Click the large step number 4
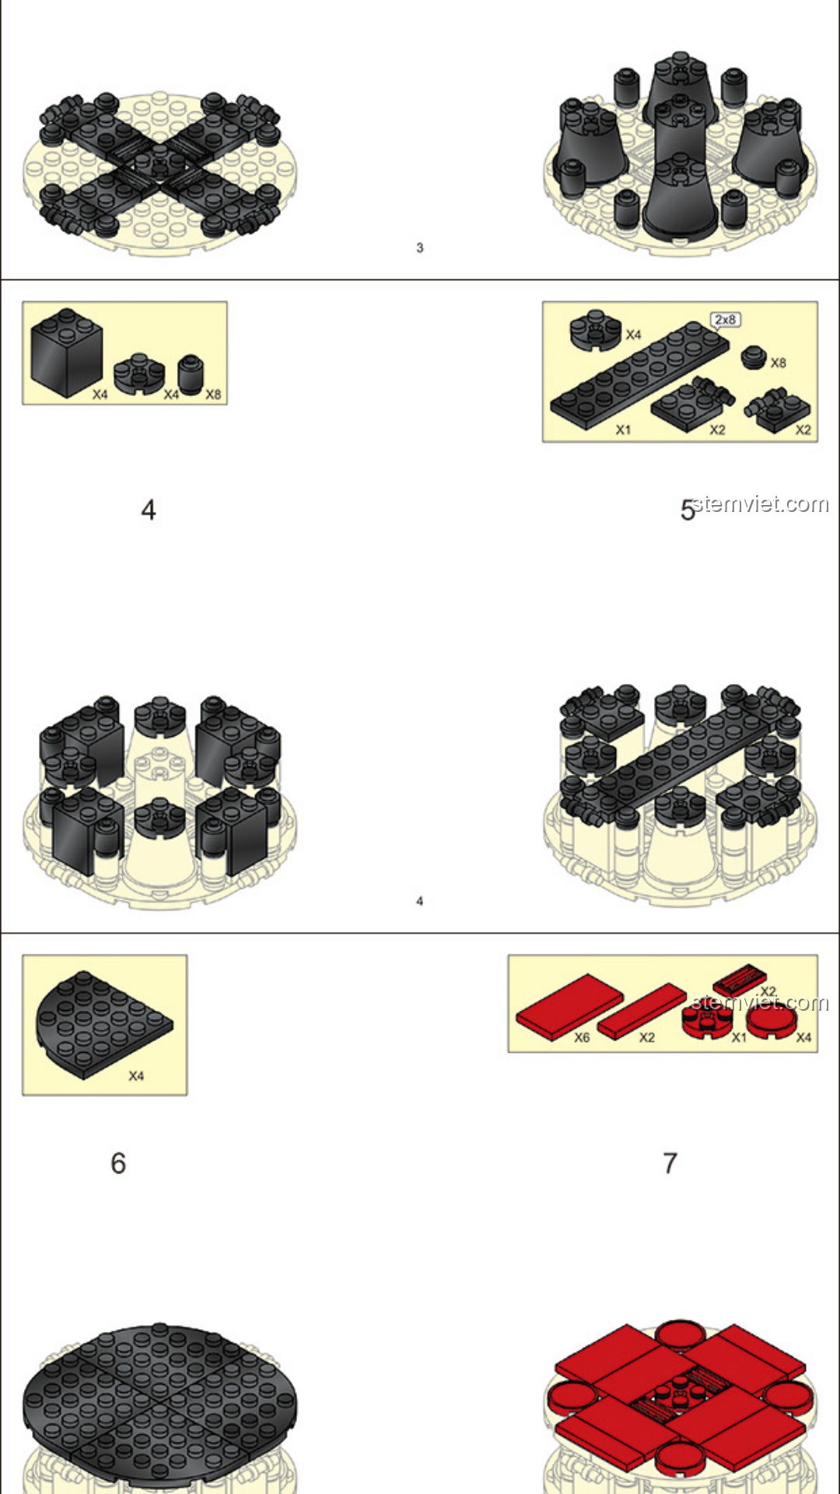pyautogui.click(x=148, y=510)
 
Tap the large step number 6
pyautogui.click(x=118, y=1163)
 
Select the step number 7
pyautogui.click(x=670, y=1163)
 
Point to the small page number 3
pyautogui.click(x=420, y=247)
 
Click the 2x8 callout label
pyautogui.click(x=725, y=320)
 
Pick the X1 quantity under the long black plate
pyautogui.click(x=624, y=430)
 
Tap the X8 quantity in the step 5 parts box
pyautogui.click(x=778, y=363)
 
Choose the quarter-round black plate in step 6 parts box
pyautogui.click(x=103, y=1025)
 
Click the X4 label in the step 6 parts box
pyautogui.click(x=136, y=1076)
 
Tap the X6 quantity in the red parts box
pyautogui.click(x=582, y=1037)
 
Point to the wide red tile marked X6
pyautogui.click(x=569, y=1006)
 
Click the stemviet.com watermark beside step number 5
pyautogui.click(x=760, y=504)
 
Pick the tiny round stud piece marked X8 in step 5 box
pyautogui.click(x=753, y=357)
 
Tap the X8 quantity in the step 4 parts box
pyautogui.click(x=213, y=395)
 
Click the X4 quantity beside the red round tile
pyautogui.click(x=803, y=1037)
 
